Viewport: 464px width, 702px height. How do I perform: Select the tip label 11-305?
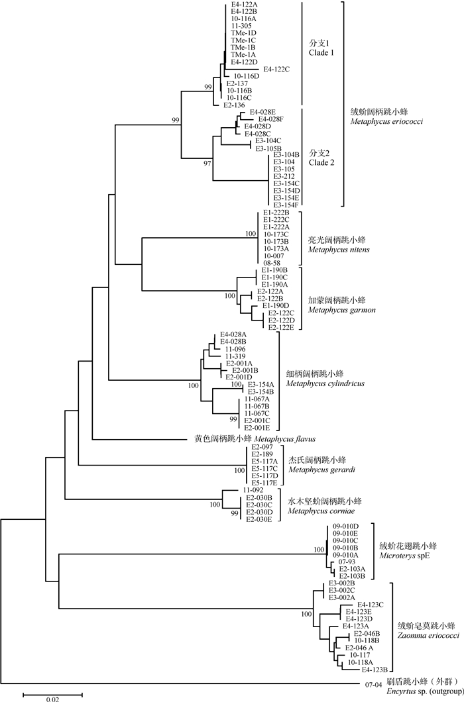tap(241, 26)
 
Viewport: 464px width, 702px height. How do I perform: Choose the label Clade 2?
tap(322, 162)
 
